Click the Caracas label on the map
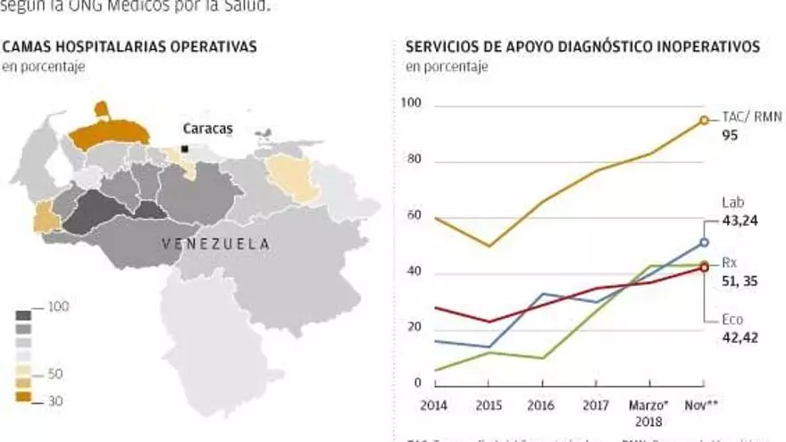point(207,129)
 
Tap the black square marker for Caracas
point(184,148)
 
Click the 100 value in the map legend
point(59,307)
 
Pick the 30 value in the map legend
point(55,402)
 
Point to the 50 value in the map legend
point(55,375)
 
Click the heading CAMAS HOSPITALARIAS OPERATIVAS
point(130,46)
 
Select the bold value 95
point(730,138)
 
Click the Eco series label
point(732,320)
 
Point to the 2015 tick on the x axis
point(489,405)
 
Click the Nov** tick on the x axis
point(702,405)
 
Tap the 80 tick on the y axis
point(413,162)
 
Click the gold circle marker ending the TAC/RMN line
point(704,120)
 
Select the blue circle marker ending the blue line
point(704,242)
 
